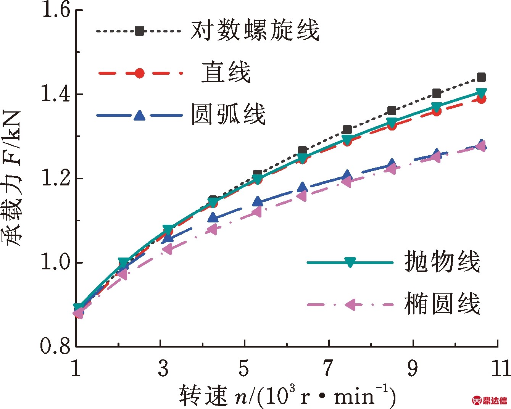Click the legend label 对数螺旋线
[x=255, y=30]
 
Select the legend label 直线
[x=226, y=72]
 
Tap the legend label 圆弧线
[x=228, y=114]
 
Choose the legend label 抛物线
[x=442, y=262]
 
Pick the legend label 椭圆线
[x=442, y=304]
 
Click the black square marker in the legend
[x=140, y=31]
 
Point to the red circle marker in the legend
[x=140, y=73]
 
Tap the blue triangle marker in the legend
[x=140, y=115]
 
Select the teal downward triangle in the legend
[x=350, y=262]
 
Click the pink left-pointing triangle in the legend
[x=350, y=304]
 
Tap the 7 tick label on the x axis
[x=328, y=368]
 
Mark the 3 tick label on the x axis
[x=163, y=368]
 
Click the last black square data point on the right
[x=482, y=78]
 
